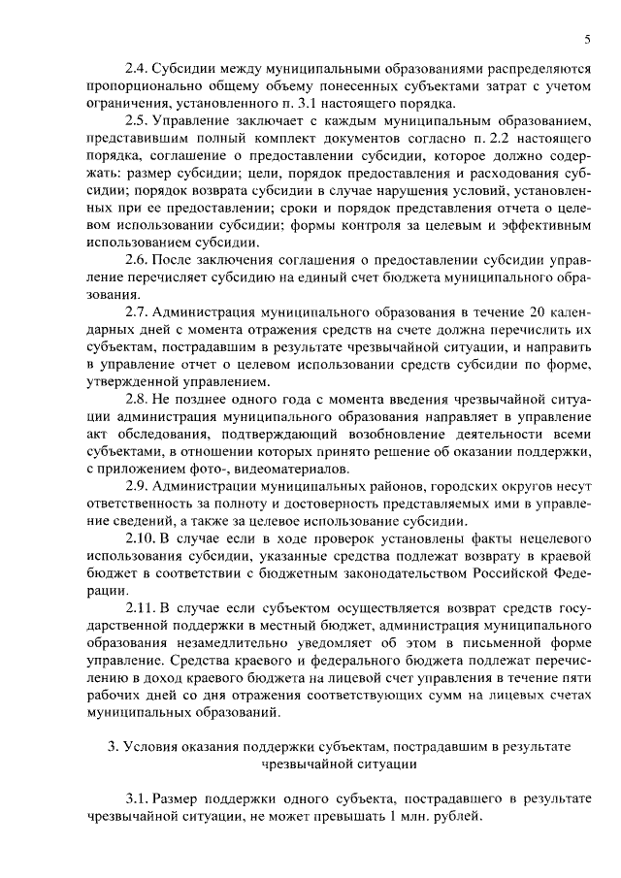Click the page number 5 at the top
tap(588, 39)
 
